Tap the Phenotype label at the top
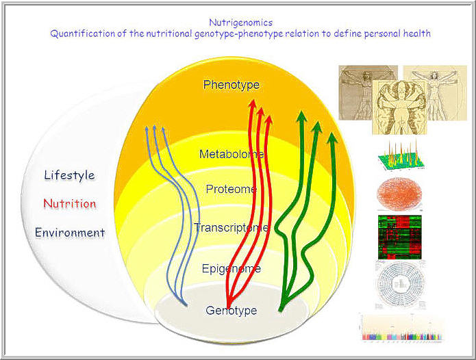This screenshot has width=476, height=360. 231,85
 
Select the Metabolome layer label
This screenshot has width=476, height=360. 231,154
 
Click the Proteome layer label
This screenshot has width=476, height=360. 231,189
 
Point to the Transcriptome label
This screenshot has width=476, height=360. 231,227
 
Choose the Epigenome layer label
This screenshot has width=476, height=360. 231,269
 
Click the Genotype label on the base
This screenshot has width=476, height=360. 231,311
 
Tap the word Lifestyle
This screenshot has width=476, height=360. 69,175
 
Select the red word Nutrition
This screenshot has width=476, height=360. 69,204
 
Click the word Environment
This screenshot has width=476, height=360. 70,233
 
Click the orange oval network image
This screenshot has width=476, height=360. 400,194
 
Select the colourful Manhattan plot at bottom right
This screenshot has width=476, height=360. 400,328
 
